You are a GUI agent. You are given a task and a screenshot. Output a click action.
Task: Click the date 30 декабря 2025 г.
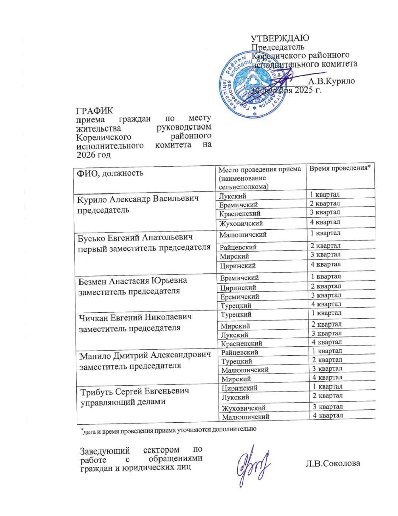click(x=286, y=91)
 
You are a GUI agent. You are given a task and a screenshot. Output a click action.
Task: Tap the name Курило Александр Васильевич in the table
click(x=137, y=200)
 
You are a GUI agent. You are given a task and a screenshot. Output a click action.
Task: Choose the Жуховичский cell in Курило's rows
click(x=241, y=223)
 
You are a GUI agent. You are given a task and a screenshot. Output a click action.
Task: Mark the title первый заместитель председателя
click(x=142, y=248)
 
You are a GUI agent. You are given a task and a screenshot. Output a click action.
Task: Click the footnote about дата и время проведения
click(x=169, y=430)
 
